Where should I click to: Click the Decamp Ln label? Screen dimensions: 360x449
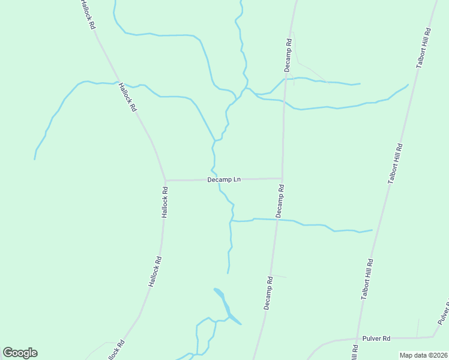click(x=224, y=179)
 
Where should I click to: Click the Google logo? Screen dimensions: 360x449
click(x=20, y=353)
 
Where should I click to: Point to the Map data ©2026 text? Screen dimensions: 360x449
click(x=423, y=355)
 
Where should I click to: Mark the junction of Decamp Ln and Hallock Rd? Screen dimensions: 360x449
click(x=165, y=180)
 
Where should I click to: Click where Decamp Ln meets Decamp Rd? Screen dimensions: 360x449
click(x=282, y=178)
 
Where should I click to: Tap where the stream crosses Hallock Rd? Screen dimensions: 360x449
click(x=116, y=82)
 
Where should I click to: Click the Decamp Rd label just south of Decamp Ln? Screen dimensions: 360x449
click(x=280, y=200)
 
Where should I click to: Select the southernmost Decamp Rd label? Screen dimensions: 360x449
click(x=268, y=293)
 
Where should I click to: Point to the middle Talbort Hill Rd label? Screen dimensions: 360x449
click(x=395, y=163)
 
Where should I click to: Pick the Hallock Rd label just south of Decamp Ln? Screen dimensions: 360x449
click(x=164, y=202)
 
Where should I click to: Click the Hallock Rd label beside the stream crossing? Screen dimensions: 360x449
click(x=127, y=98)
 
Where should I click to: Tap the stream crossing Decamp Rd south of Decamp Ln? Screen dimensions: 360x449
click(x=277, y=220)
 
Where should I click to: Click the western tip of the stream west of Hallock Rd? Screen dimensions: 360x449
click(x=35, y=158)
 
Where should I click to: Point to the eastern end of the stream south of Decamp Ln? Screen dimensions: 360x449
click(x=372, y=230)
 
